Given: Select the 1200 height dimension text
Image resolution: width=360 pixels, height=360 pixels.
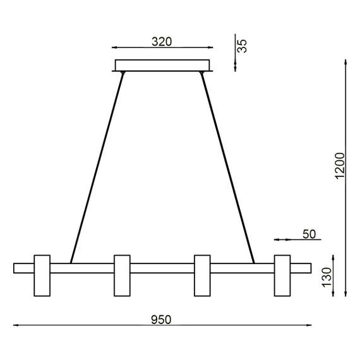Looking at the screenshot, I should click(340, 165).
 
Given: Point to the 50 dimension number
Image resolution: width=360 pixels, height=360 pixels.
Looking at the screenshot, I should click(309, 234).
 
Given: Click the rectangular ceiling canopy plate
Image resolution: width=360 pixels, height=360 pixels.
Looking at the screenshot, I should click(162, 65).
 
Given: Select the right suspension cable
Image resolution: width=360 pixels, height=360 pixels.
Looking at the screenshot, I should click(227, 167).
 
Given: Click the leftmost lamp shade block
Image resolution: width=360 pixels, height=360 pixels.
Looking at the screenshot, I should click(42, 275).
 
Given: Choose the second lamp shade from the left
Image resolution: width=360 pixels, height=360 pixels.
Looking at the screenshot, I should click(122, 275).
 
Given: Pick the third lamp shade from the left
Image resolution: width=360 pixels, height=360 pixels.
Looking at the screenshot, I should click(202, 275).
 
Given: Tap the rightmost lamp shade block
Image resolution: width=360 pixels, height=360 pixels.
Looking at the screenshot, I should click(282, 275).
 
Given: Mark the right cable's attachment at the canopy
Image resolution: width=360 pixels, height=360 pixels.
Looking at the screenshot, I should click(202, 74).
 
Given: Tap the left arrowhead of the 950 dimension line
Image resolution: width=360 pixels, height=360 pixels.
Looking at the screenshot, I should click(16, 326).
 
